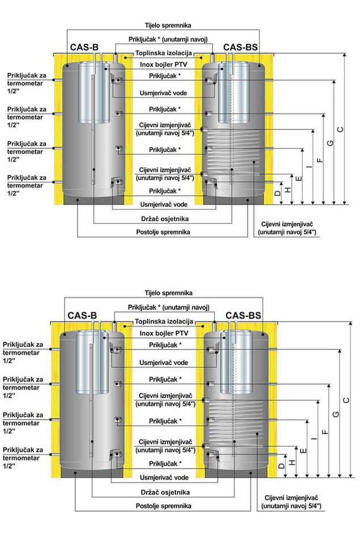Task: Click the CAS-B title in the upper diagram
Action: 84,48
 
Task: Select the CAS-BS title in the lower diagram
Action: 243,316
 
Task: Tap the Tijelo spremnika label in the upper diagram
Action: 168,25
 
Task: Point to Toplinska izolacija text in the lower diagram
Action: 164,321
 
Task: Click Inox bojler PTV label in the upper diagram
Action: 163,65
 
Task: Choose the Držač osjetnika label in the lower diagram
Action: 165,492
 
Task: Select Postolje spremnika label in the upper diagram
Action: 163,232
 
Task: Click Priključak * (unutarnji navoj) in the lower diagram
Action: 168,307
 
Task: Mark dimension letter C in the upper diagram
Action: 340,129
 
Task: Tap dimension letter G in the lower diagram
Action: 336,414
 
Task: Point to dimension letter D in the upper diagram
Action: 278,193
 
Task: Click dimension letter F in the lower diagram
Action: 325,432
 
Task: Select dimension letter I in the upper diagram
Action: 309,167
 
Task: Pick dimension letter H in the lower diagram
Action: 292,462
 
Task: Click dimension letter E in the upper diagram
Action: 299,178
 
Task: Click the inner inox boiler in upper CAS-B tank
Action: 94,92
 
